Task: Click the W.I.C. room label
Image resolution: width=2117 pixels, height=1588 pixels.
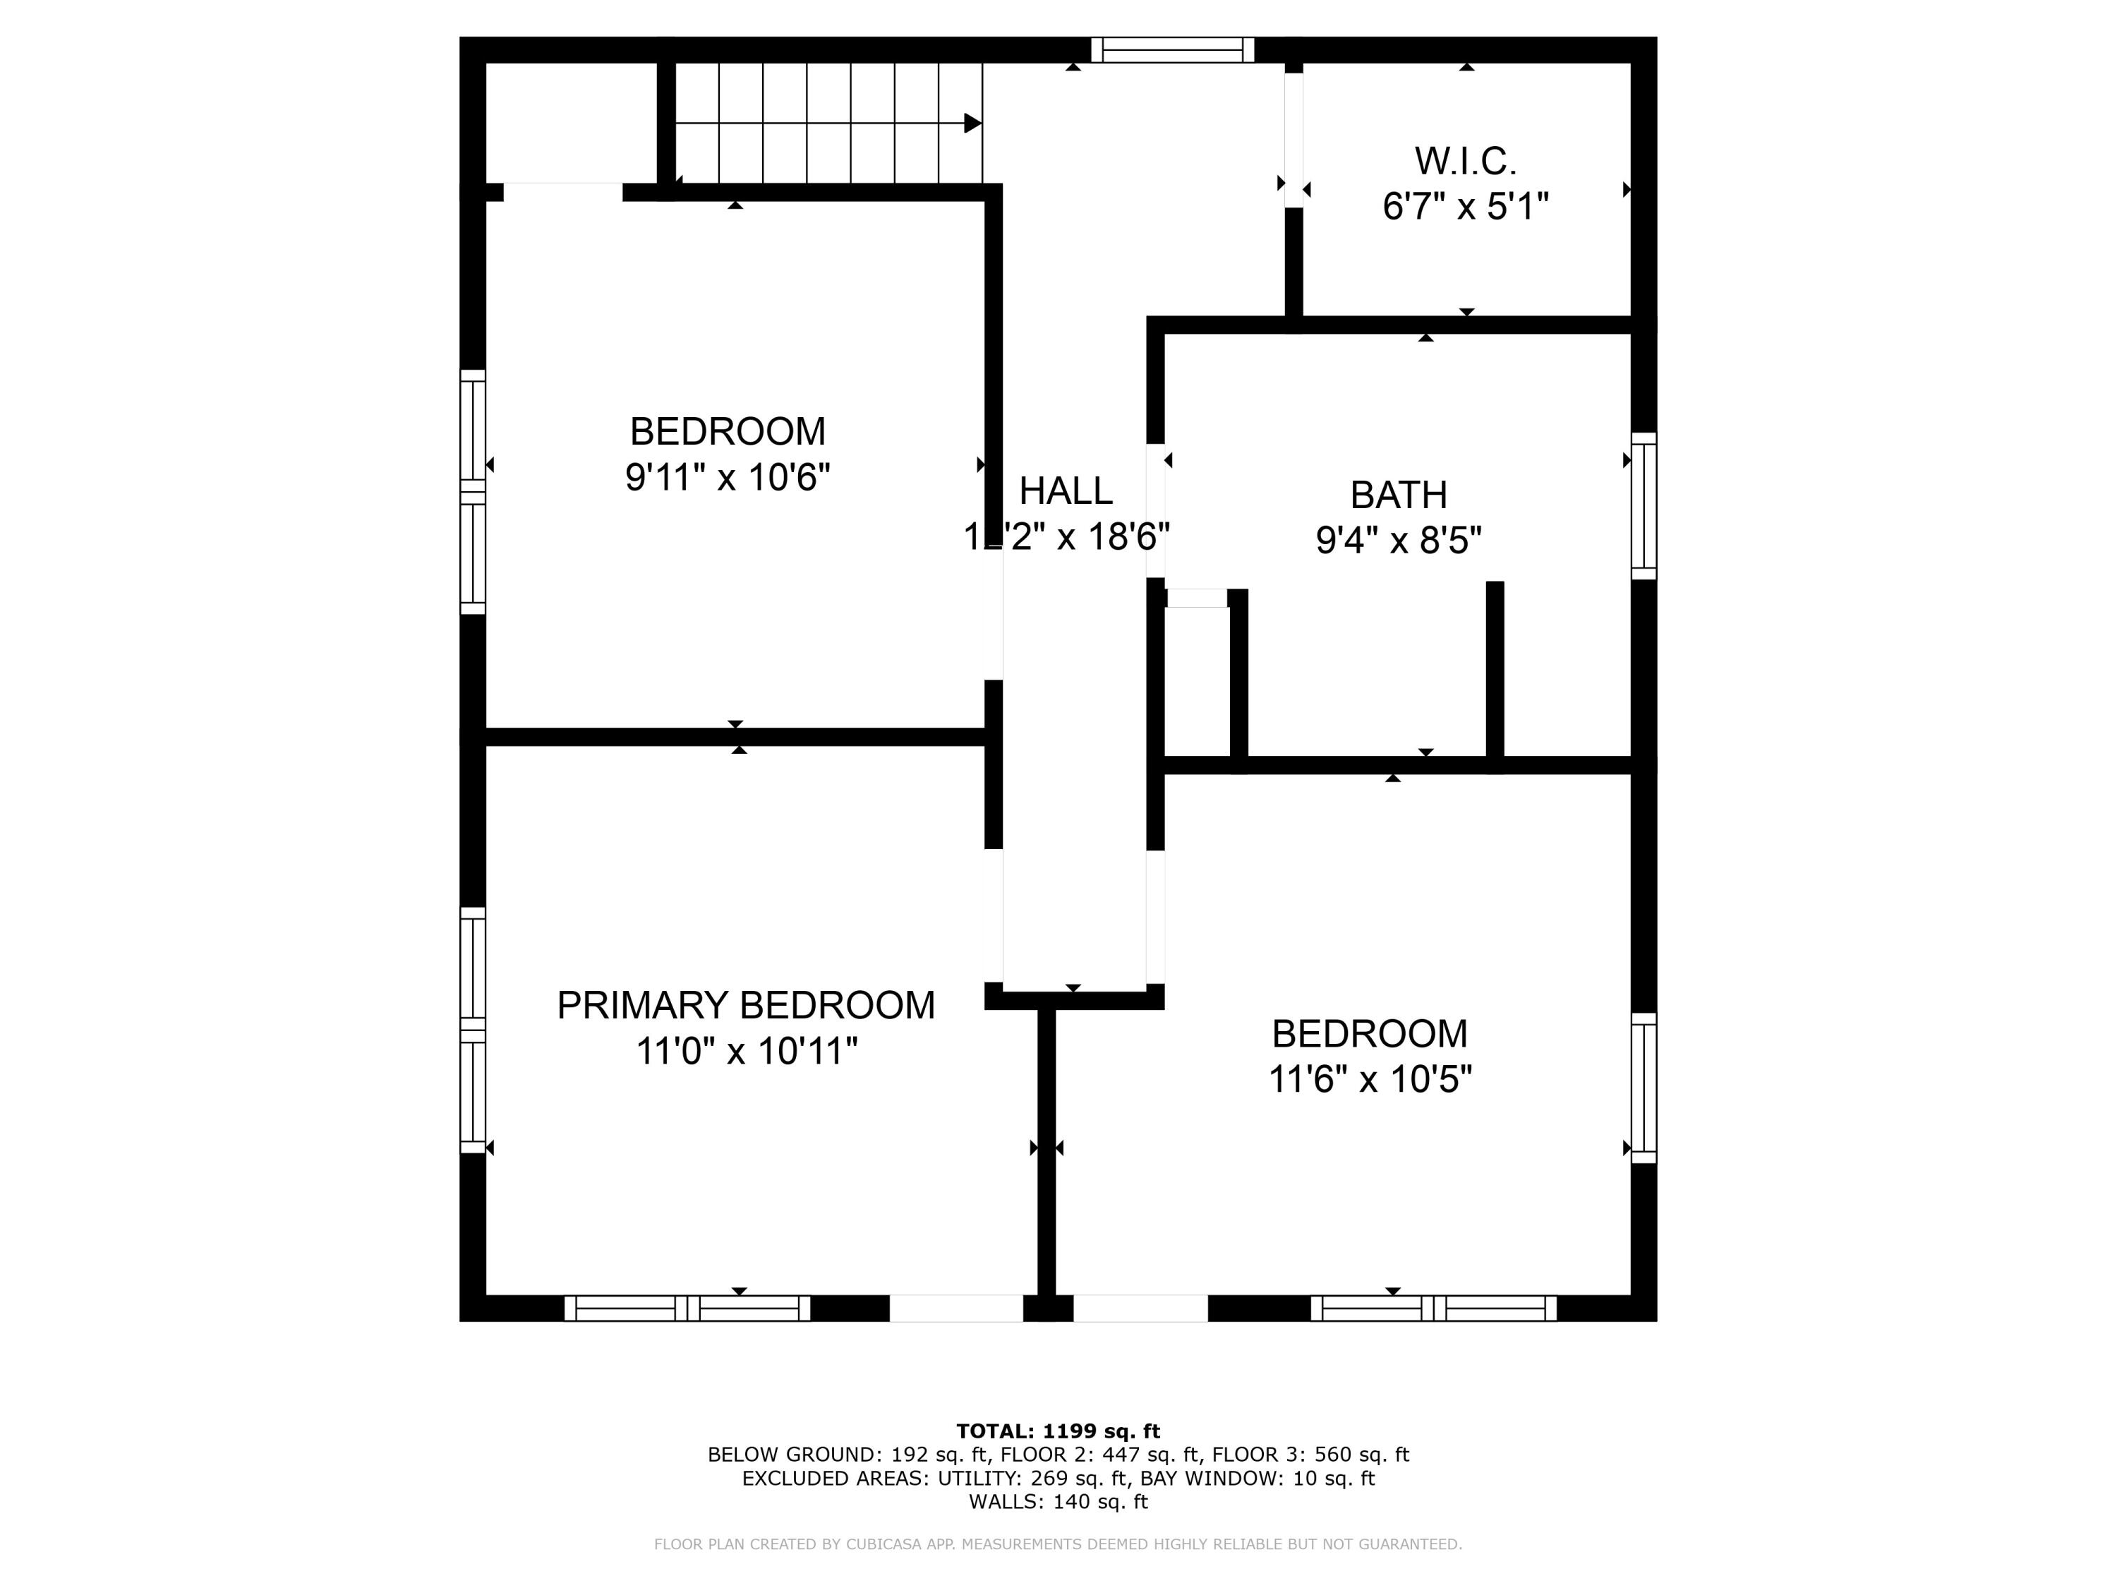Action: (x=1465, y=161)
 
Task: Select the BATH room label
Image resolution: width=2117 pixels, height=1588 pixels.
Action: (x=1398, y=495)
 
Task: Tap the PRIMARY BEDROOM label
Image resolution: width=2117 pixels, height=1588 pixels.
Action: (x=746, y=1005)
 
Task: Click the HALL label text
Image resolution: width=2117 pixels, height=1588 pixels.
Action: (x=1065, y=491)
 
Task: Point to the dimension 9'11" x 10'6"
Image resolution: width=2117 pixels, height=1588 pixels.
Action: (x=728, y=476)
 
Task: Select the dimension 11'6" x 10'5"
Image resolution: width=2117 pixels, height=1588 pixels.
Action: (x=1370, y=1078)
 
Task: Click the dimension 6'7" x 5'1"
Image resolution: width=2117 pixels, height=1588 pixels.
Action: (x=1465, y=207)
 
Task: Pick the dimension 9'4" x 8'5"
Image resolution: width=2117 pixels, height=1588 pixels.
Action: (x=1398, y=541)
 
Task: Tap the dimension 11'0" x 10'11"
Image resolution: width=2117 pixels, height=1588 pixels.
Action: (x=746, y=1051)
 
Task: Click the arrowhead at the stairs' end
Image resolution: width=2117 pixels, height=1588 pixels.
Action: (x=972, y=124)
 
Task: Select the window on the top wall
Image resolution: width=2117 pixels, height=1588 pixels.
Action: (x=1172, y=50)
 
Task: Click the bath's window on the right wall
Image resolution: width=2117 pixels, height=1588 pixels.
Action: (x=1643, y=505)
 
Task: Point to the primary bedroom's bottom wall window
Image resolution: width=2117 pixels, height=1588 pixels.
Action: (x=687, y=1308)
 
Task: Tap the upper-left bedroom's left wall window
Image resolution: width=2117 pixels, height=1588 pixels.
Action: (x=473, y=492)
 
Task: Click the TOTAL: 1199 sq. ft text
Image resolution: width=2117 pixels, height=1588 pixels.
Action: (x=1058, y=1431)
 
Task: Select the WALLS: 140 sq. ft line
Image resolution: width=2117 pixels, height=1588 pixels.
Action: (x=1058, y=1502)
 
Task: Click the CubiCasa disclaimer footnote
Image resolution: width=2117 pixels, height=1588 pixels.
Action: (x=1058, y=1544)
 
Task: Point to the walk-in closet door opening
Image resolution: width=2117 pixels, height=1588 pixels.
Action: (x=1293, y=140)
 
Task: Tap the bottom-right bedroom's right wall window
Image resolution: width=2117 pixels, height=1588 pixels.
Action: (x=1643, y=1088)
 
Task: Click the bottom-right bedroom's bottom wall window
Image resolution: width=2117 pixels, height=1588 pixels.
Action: (x=1433, y=1308)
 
